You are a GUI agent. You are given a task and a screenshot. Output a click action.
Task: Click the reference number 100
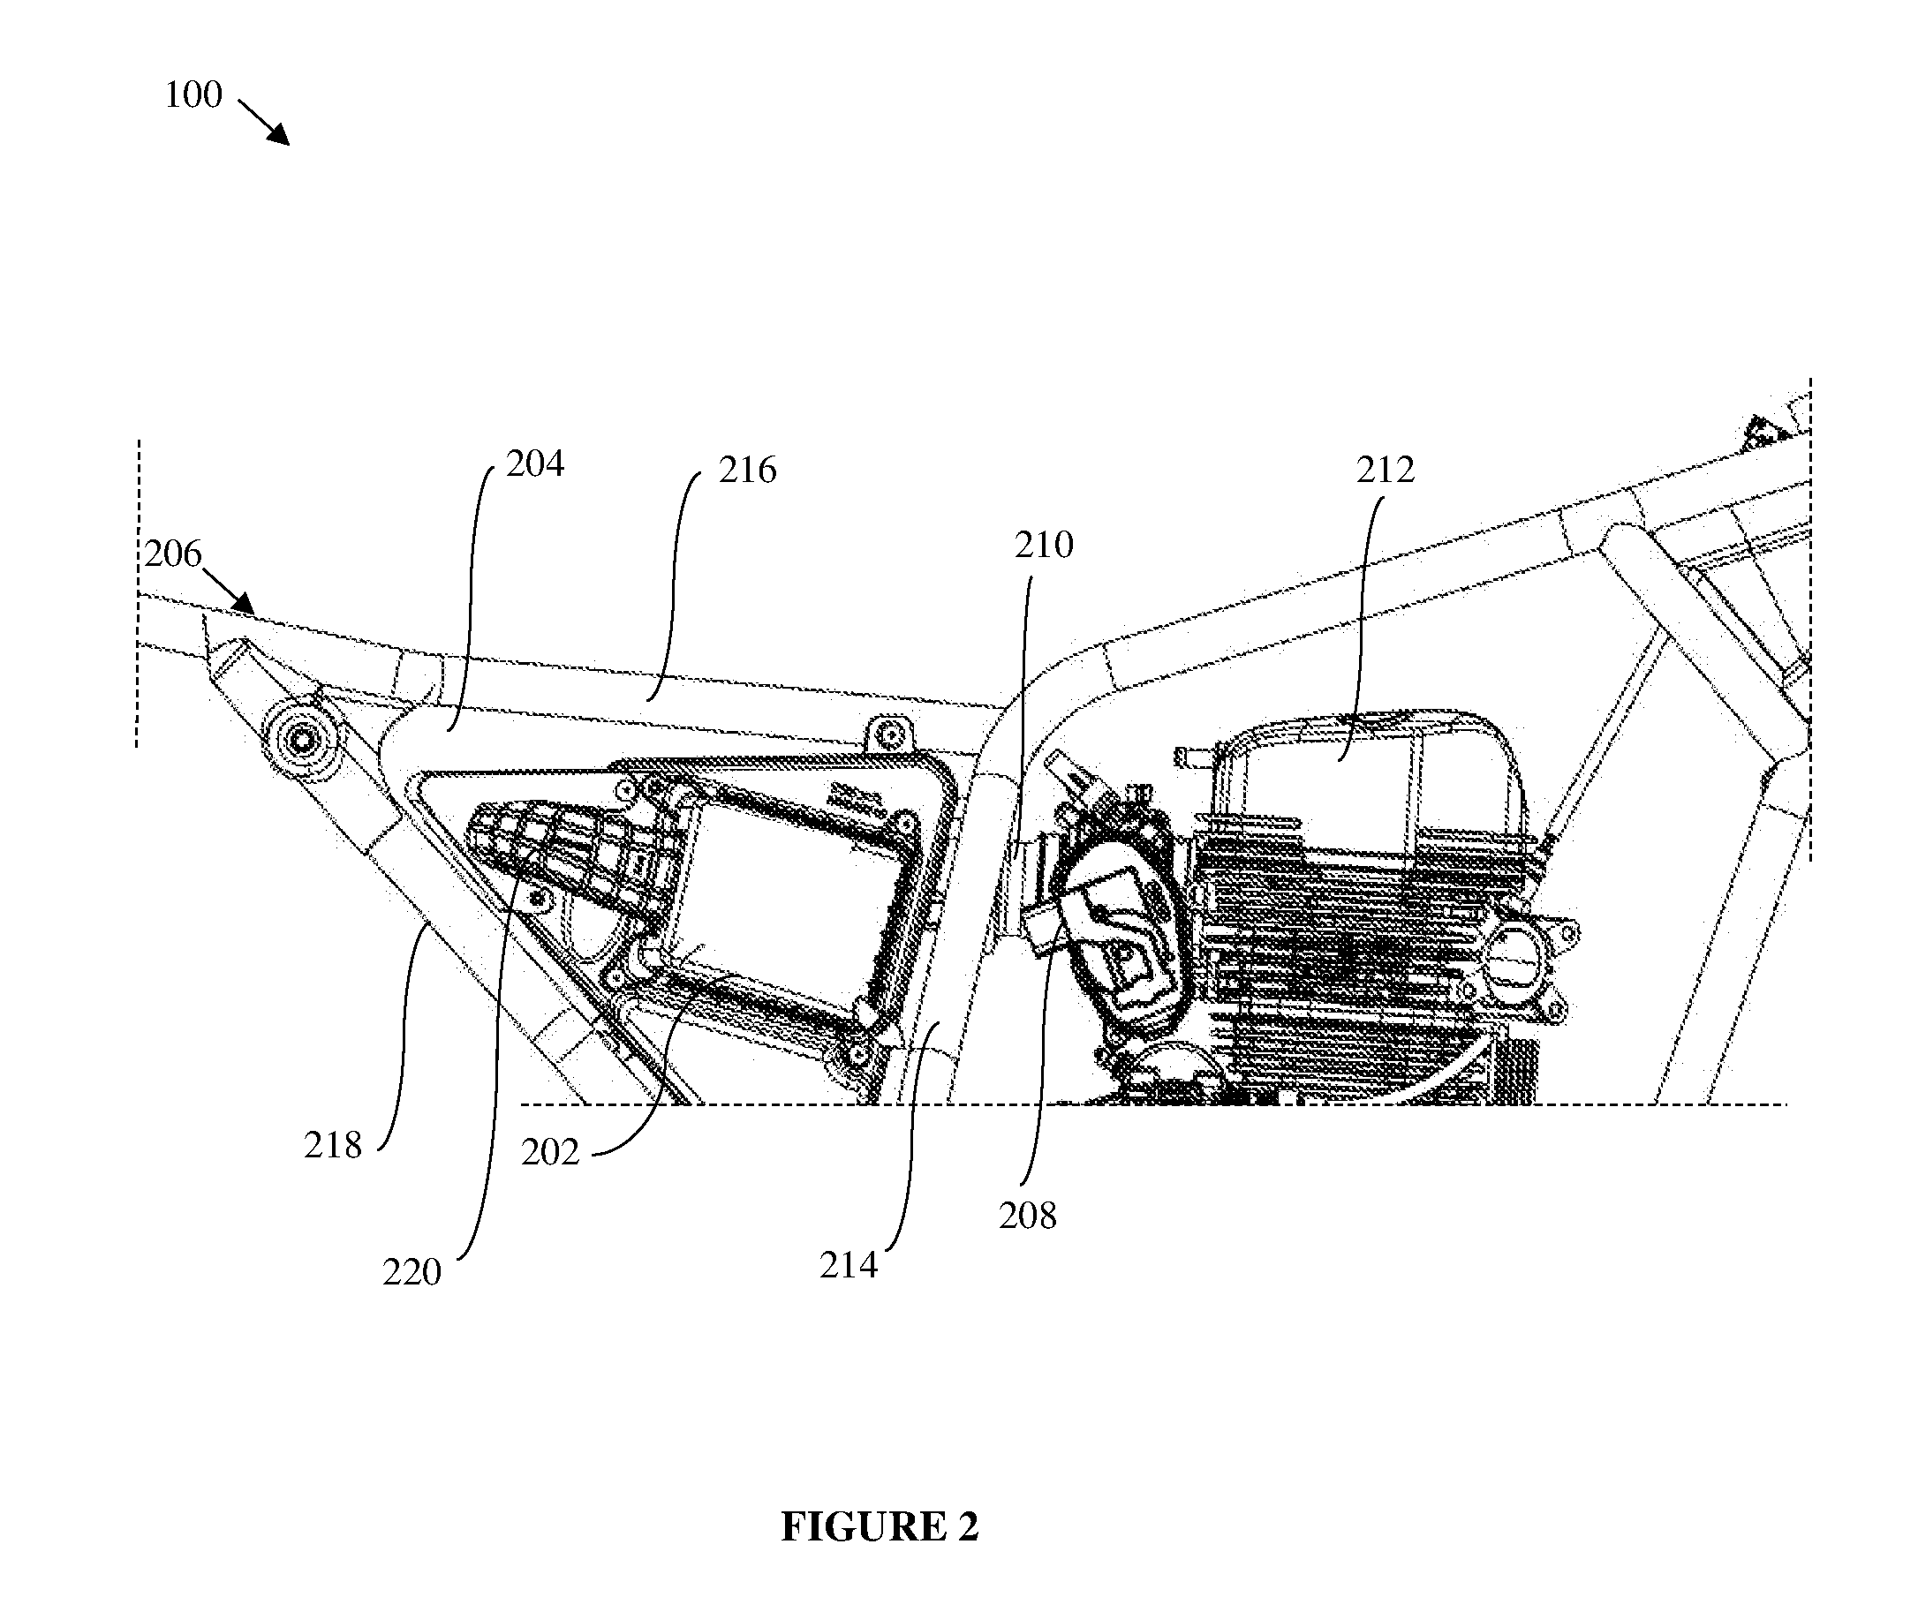[193, 95]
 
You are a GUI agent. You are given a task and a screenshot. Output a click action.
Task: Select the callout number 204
[535, 464]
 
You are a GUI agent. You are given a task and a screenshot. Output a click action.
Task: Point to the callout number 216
[747, 470]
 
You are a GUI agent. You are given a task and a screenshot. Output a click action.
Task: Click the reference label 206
[173, 554]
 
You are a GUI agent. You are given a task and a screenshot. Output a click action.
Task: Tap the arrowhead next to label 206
[243, 602]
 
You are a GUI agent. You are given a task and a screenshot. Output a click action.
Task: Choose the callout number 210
[1044, 545]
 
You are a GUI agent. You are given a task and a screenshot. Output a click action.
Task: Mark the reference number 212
[1385, 470]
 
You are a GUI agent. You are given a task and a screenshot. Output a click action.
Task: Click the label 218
[333, 1145]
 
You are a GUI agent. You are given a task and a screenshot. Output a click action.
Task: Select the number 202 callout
[550, 1152]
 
